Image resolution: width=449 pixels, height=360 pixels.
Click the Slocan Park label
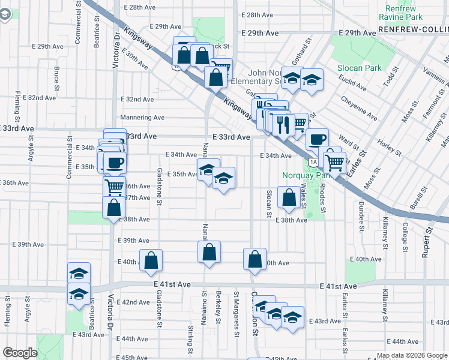[x=358, y=68]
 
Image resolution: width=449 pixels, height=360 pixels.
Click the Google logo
[x=20, y=353]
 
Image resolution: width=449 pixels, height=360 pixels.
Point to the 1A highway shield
[x=313, y=162]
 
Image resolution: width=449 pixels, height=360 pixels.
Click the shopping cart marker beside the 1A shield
[x=335, y=161]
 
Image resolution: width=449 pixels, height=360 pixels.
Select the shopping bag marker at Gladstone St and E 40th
[x=151, y=260]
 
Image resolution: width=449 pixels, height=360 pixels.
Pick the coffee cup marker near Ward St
[x=317, y=140]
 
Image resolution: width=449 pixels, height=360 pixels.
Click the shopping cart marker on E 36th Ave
[x=114, y=186]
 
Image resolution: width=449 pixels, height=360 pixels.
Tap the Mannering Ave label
[x=142, y=118]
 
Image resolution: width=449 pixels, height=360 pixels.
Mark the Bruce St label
[x=56, y=76]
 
